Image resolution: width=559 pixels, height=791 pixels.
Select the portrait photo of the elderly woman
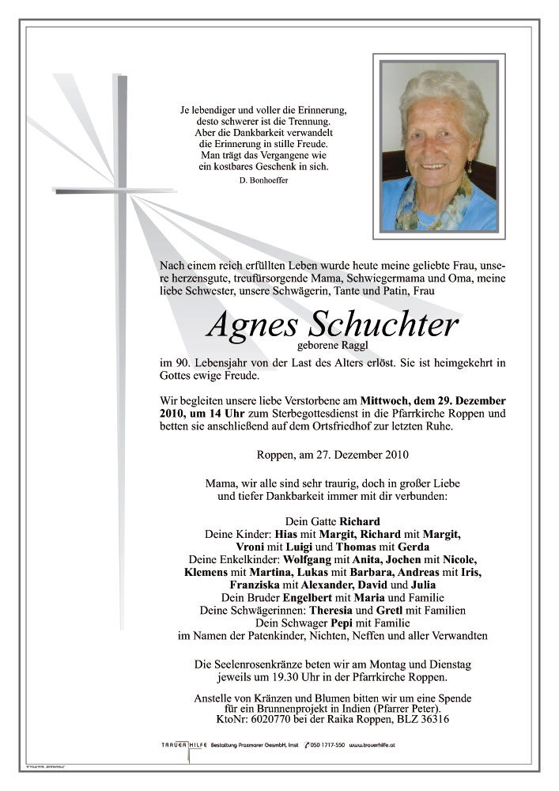click(439, 146)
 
